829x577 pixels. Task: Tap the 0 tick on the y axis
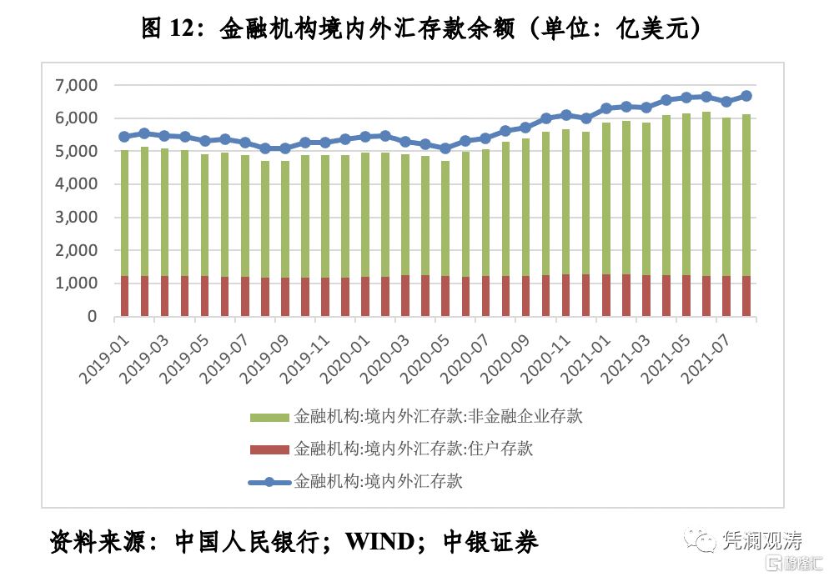91,317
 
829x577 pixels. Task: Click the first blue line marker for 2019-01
124,137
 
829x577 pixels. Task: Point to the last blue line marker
746,96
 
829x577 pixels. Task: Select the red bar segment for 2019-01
124,296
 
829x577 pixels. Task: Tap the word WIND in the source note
379,542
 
